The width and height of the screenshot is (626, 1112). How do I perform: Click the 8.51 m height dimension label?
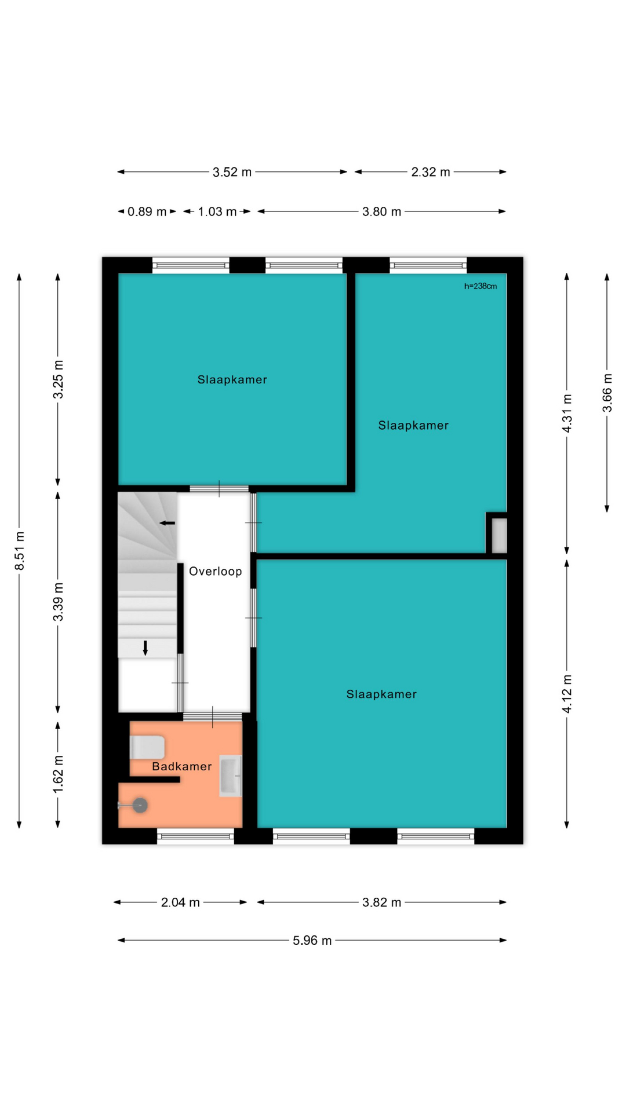coord(20,550)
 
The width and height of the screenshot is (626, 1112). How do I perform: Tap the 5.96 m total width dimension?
coord(312,941)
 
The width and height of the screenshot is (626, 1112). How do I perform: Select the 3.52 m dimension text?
coord(232,172)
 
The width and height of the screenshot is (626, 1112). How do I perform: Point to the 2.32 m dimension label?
coord(431,172)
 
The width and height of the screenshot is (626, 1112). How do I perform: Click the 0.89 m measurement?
coord(147,211)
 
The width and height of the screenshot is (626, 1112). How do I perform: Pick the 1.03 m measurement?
coord(217,211)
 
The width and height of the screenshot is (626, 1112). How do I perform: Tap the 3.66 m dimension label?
coord(607,393)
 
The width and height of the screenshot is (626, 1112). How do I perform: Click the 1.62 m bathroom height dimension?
coord(58,774)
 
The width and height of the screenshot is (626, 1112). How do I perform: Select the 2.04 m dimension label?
coord(180,902)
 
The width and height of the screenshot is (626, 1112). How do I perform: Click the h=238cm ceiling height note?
coord(481,286)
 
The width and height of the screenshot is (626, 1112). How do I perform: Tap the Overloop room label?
coord(216,572)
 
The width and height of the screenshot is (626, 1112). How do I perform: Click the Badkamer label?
coord(182,767)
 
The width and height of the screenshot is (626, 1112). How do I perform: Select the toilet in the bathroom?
coord(147,747)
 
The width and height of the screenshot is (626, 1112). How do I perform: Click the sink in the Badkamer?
coord(230,776)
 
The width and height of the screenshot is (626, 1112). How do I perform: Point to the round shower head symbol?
coord(140,805)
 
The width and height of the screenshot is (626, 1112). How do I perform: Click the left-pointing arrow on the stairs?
coord(168,523)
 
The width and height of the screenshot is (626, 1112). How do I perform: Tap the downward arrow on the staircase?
coord(145,648)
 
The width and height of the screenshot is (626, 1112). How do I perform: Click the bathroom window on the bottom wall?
coord(195,835)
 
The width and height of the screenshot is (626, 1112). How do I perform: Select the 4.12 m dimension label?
coord(567,694)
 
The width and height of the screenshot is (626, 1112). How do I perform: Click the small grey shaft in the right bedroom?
coord(499,536)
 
